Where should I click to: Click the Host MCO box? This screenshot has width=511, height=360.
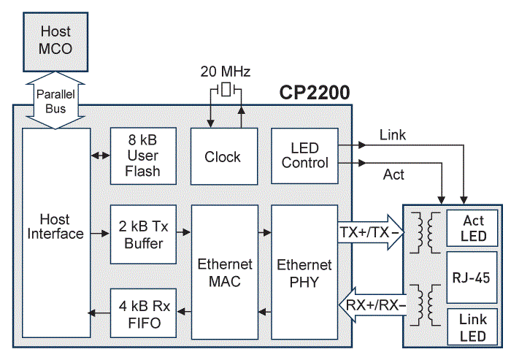coord(55,42)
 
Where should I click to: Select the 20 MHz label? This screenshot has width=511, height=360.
coord(226,72)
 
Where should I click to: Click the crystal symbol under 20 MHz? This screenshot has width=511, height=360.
coord(226,91)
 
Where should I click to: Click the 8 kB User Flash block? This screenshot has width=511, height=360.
coord(142,156)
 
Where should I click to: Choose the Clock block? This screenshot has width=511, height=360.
coord(223,156)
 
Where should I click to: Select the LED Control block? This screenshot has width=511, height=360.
coord(304,156)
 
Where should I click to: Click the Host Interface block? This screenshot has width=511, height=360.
coord(55,226)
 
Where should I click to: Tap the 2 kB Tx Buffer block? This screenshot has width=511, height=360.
coord(142,234)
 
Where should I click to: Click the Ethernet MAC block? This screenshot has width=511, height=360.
coord(223,272)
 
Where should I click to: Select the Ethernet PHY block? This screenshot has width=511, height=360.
coord(304,272)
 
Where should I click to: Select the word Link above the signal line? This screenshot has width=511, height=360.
coord(393,135)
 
